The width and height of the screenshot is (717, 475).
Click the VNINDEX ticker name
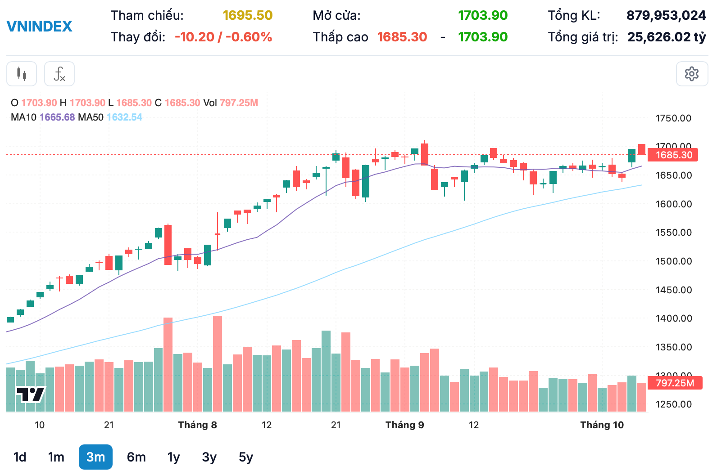[x=40, y=27]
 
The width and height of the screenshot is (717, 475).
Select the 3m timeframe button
[x=95, y=457]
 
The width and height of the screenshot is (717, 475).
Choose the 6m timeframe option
[x=136, y=457]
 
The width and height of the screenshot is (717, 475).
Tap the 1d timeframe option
[x=20, y=457]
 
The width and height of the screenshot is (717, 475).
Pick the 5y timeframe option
[x=246, y=457]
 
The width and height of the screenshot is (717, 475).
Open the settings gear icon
[x=692, y=74]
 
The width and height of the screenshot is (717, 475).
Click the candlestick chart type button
[x=22, y=74]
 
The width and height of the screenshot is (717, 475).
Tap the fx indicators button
[x=59, y=74]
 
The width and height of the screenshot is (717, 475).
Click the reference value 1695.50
[x=248, y=15]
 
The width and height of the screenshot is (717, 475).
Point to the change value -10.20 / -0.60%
[x=223, y=37]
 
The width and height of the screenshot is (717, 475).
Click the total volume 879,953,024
[x=666, y=15]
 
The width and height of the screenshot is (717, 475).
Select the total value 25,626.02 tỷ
[x=667, y=37]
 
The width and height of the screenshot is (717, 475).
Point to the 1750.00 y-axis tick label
[x=673, y=118]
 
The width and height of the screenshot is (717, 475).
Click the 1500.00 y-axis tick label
[x=673, y=261]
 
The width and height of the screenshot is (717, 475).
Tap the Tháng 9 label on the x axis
[x=404, y=425]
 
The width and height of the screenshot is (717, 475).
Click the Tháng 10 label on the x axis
[x=602, y=425]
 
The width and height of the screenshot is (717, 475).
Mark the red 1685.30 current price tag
[x=674, y=155]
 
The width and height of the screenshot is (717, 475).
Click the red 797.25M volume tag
[x=675, y=383]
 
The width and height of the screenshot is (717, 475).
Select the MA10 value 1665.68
[x=57, y=117]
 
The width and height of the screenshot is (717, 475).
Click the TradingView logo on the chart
[x=31, y=394]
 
